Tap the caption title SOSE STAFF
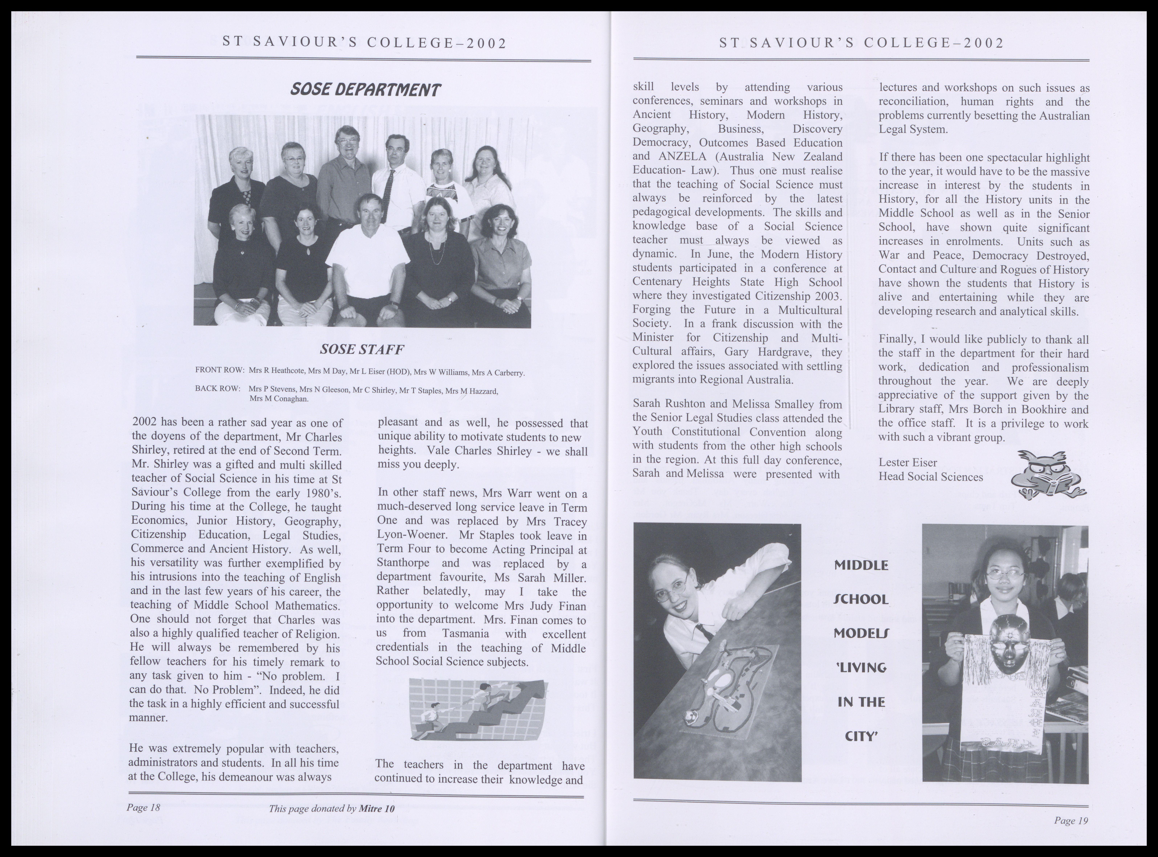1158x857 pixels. point(362,350)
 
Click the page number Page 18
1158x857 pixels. point(143,808)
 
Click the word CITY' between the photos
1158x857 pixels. point(861,736)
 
